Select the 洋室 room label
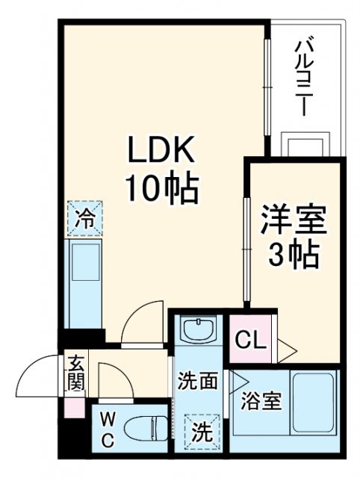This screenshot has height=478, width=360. (x=294, y=222)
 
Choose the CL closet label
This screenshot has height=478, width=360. (x=250, y=341)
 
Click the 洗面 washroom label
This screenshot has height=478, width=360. (x=198, y=381)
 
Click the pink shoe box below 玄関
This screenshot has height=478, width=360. (x=75, y=409)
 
